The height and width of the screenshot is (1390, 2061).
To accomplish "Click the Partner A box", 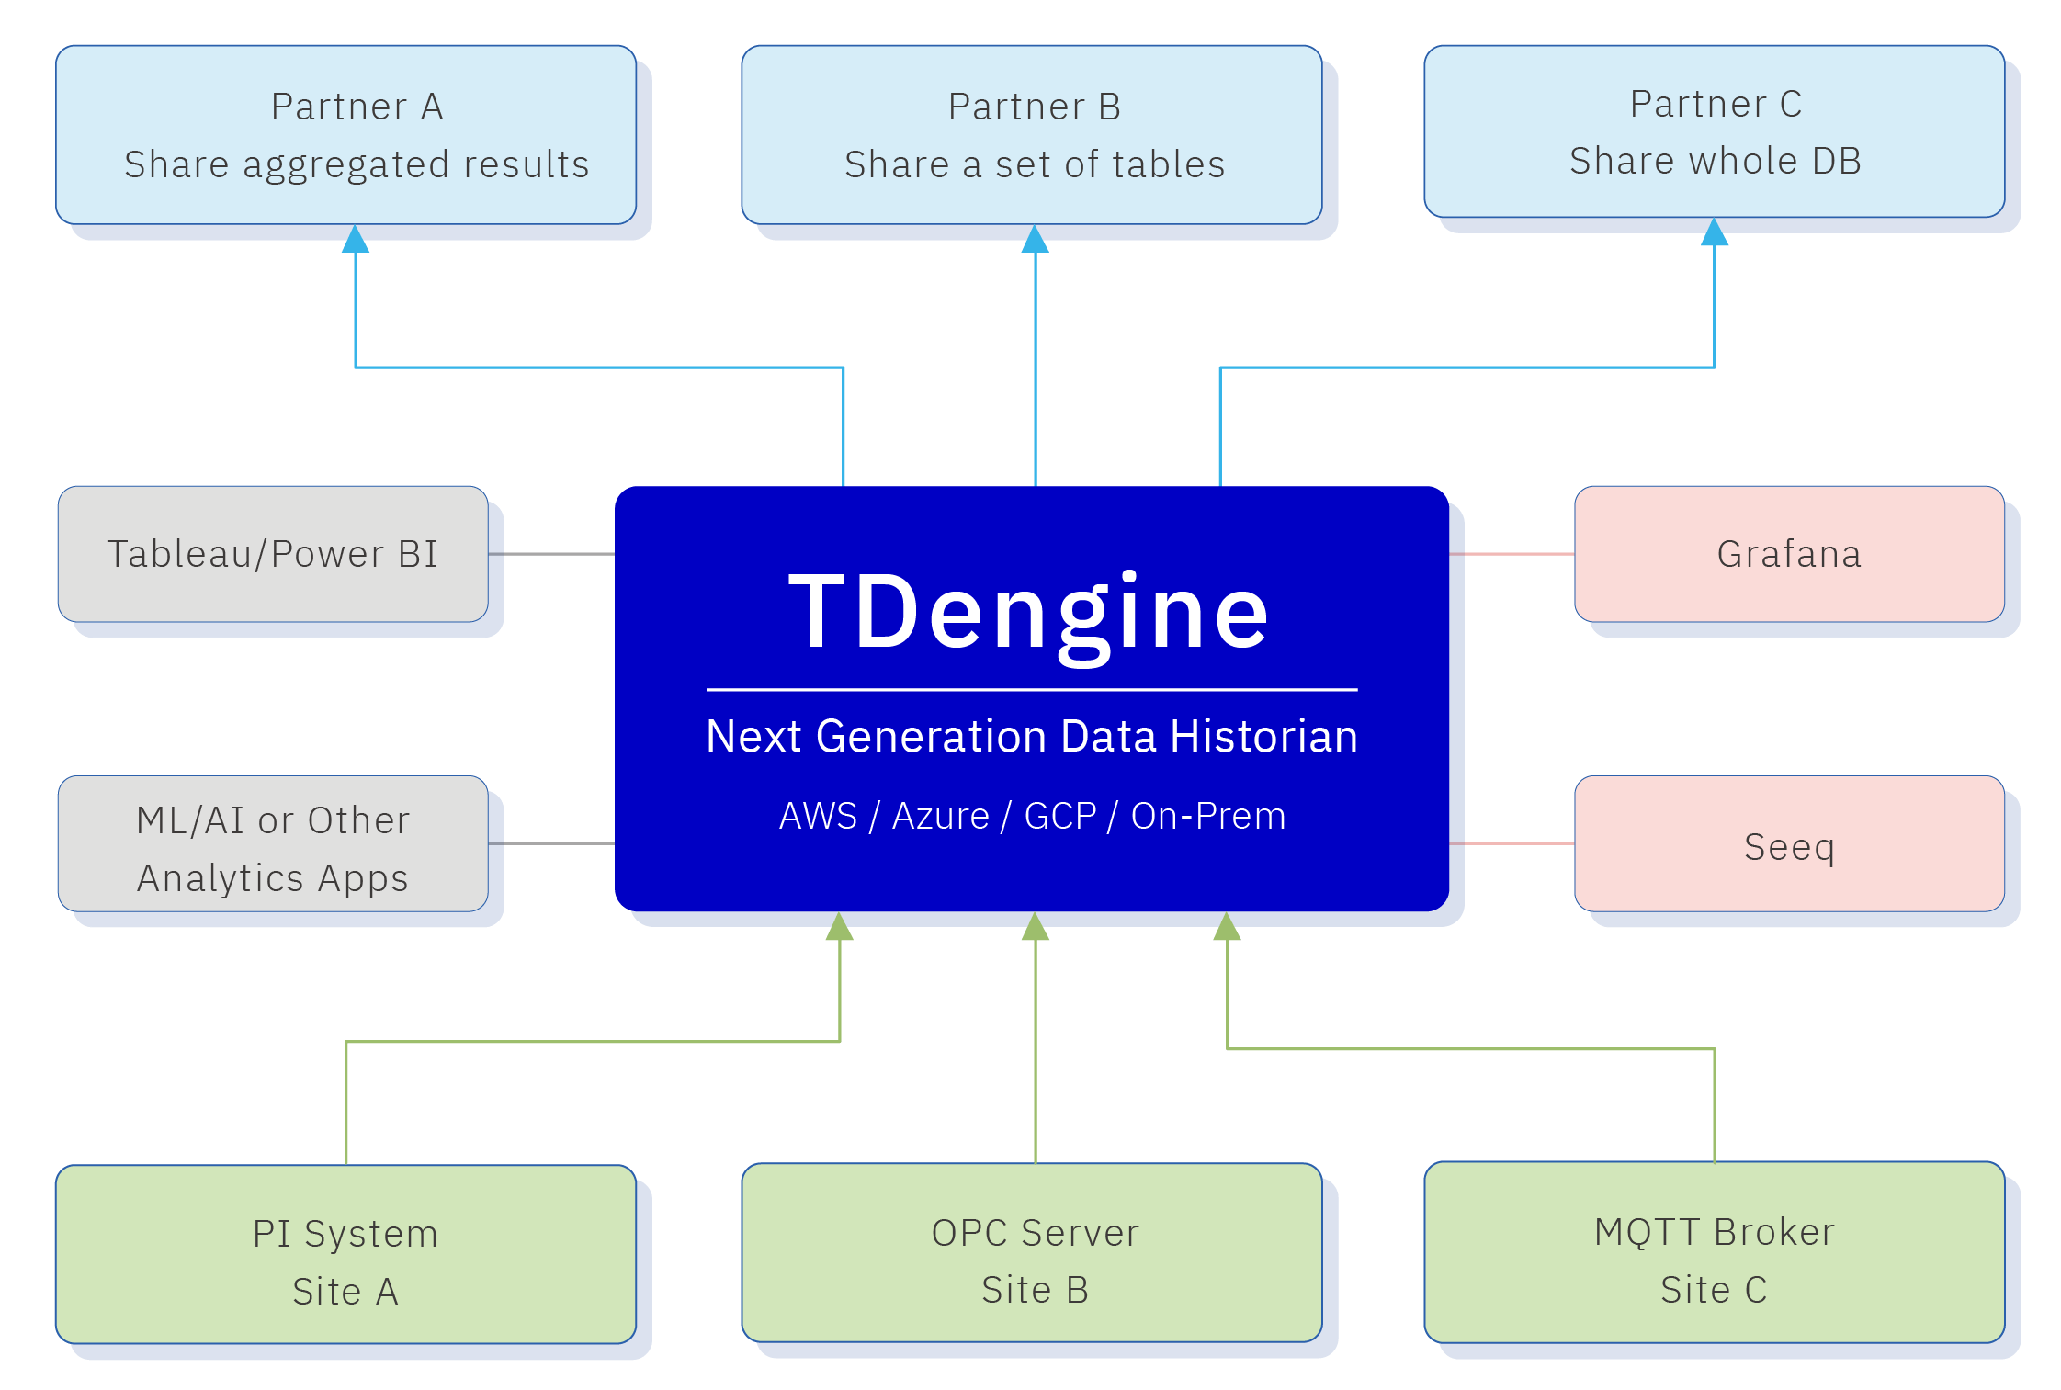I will pos(346,135).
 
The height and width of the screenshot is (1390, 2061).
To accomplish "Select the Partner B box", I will pos(1032,135).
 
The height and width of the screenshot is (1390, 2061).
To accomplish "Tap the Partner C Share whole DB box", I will pos(1715,131).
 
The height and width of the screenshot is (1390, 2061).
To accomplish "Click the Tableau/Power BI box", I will pos(273,554).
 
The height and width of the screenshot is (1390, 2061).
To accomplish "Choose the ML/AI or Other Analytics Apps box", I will pos(273,844).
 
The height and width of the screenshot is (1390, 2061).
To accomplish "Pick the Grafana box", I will pos(1789,554).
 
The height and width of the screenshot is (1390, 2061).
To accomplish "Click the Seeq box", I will pos(1789,844).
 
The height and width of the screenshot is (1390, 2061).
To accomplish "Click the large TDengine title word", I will pos(1029,612).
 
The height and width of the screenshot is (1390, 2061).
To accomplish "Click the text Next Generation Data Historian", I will pos(1032,737).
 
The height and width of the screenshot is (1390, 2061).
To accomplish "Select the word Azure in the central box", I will pos(940,816).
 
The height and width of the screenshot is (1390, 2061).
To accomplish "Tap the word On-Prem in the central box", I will pos(1207,816).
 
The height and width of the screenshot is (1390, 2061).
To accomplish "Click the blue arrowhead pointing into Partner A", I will pos(356,240).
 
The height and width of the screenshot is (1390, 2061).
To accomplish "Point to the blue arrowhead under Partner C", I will pos(1715,233).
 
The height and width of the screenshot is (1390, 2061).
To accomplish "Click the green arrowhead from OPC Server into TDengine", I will pos(1036,928).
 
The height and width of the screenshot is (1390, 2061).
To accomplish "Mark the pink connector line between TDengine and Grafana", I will pos(1512,554).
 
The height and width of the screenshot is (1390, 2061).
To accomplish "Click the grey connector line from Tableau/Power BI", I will pos(551,554).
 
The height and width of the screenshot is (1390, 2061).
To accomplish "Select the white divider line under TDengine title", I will pos(1032,689).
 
